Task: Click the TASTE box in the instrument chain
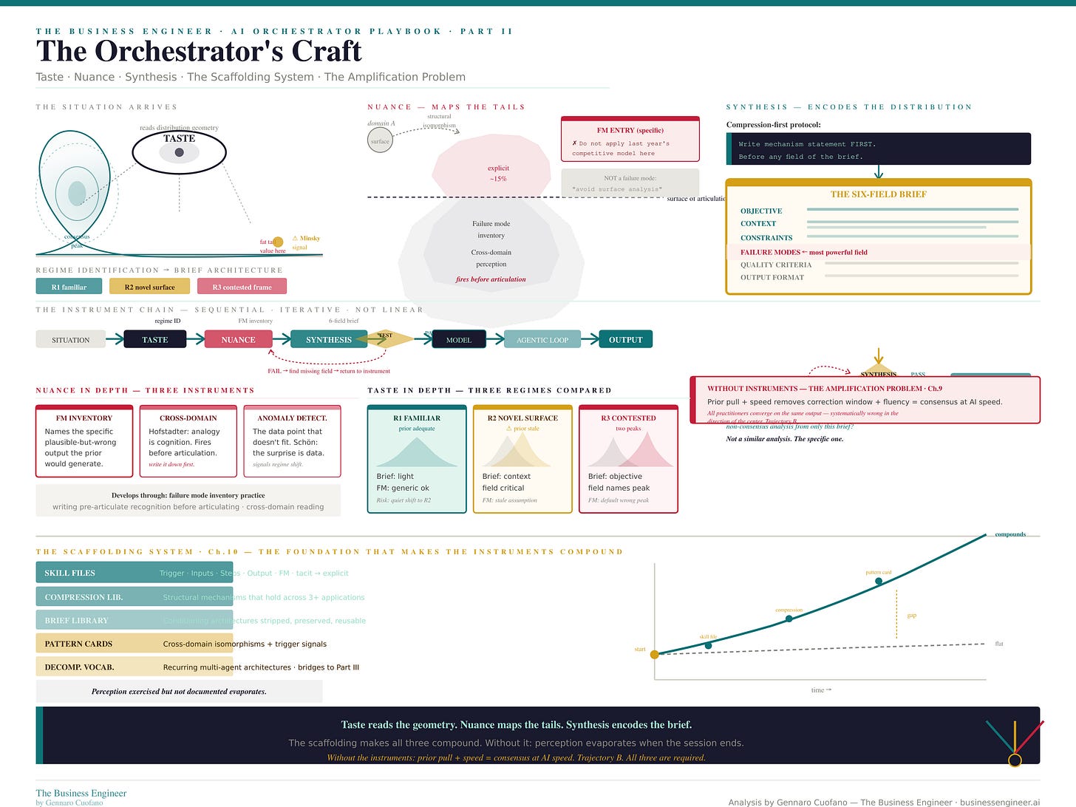(x=154, y=340)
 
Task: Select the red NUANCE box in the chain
(x=238, y=340)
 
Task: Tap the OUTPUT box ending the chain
(x=625, y=340)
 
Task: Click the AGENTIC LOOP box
(x=542, y=340)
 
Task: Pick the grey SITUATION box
(x=71, y=340)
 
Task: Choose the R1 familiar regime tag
(x=69, y=287)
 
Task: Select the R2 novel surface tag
(x=149, y=287)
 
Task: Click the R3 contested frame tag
(x=242, y=287)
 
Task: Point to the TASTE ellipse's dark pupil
(x=179, y=152)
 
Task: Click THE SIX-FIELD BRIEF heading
(x=878, y=194)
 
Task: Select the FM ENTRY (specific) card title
(x=630, y=130)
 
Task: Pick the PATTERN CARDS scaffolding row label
(x=79, y=644)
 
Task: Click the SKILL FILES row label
(x=69, y=573)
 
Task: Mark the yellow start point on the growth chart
(x=655, y=654)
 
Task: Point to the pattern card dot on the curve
(x=878, y=581)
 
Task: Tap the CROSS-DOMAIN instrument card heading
(x=188, y=418)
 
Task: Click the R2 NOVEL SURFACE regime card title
(x=522, y=418)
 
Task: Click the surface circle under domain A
(x=380, y=140)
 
